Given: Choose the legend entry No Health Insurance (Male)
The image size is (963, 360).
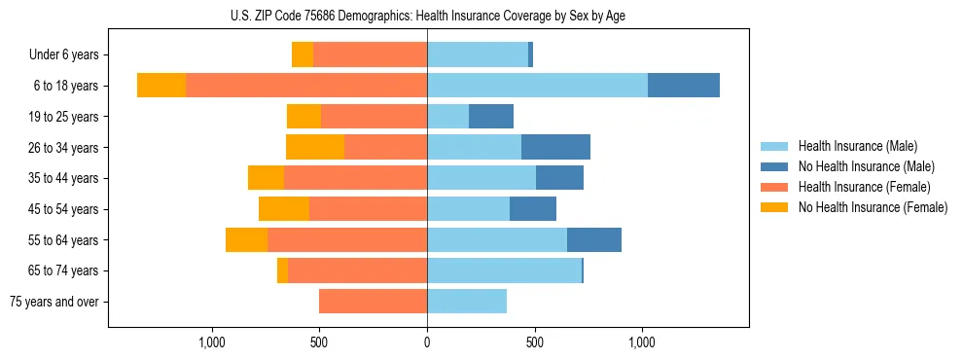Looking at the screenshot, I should tap(866, 166).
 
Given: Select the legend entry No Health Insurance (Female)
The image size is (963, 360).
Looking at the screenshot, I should tap(873, 207).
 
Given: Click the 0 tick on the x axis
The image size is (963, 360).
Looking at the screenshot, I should tap(427, 342).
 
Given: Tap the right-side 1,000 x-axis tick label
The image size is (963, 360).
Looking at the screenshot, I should tap(642, 342).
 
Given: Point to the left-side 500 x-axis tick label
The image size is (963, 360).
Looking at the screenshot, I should tap(319, 342).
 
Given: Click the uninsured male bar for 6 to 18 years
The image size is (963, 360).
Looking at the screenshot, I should tap(684, 86).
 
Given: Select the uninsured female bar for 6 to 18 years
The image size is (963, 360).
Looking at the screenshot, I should tap(161, 86).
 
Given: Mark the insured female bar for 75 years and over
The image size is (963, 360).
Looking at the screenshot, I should tap(373, 302).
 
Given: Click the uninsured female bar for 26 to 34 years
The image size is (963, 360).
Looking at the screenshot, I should tap(315, 147).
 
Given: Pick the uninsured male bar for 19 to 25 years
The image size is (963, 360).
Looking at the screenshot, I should tap(491, 117).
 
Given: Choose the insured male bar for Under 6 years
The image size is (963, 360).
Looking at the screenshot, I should tap(478, 55).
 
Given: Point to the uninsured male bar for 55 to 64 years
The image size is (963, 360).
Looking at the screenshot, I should tap(594, 240).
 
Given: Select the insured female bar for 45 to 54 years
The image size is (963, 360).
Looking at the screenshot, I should tap(368, 209).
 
